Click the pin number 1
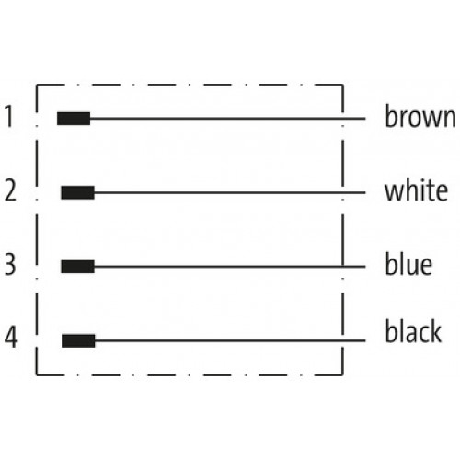[x=9, y=116]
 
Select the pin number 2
[x=10, y=190]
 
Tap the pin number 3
[x=10, y=264]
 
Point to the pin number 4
[x=11, y=338]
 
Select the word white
[x=416, y=190]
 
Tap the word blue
[x=408, y=264]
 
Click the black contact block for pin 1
[x=74, y=119]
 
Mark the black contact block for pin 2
[x=77, y=192]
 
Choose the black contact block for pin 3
[x=77, y=267]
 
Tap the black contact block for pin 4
[x=78, y=341]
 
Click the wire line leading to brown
[x=228, y=119]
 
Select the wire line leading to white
[x=230, y=192]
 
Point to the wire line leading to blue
[x=230, y=267]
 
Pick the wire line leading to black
[x=230, y=340]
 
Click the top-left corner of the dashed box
[x=37, y=85]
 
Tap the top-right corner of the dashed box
[x=342, y=85]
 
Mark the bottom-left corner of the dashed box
[x=37, y=374]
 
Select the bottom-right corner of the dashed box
[x=342, y=374]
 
